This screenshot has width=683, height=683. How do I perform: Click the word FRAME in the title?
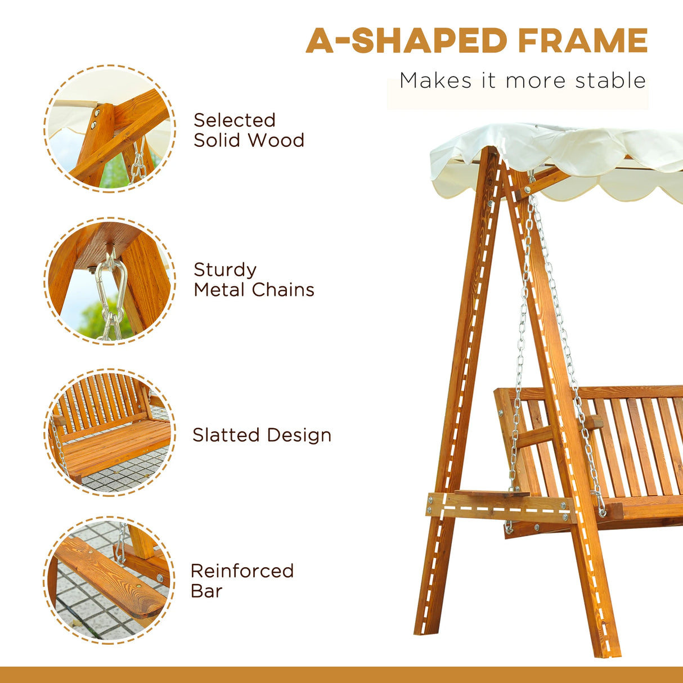click(582, 41)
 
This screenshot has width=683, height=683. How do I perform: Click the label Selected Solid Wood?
click(249, 130)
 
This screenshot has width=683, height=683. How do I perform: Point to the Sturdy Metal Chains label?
click(254, 280)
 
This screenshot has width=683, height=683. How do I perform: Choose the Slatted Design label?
click(262, 435)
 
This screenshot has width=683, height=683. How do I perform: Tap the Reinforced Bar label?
click(242, 581)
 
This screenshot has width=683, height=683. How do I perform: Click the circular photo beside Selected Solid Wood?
click(110, 129)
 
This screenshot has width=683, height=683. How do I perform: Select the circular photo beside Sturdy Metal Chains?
click(110, 280)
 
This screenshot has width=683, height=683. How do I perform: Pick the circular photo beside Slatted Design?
click(110, 432)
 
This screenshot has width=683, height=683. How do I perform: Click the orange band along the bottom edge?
click(341, 675)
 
